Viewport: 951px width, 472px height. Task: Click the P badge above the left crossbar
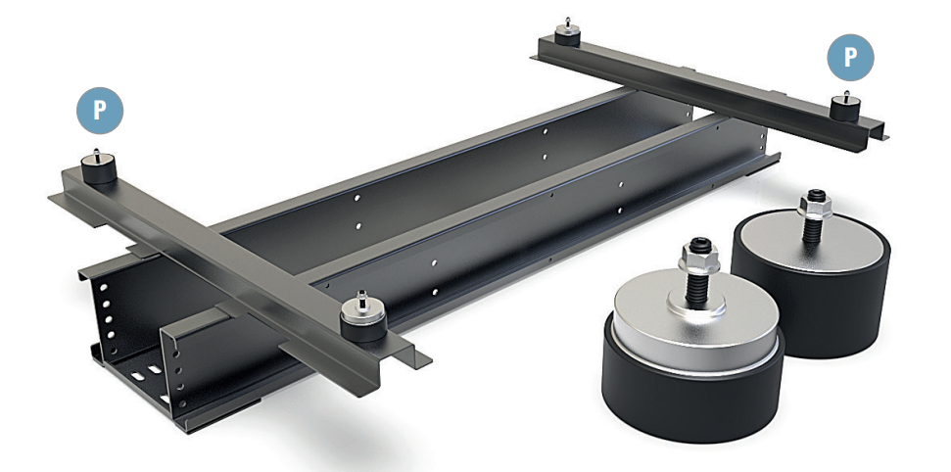(100, 111)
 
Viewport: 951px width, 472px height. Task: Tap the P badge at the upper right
(851, 58)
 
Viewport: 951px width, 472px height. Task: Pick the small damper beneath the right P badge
(845, 108)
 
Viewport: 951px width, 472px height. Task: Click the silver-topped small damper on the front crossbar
(363, 319)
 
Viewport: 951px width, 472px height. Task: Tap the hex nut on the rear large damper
(815, 207)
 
